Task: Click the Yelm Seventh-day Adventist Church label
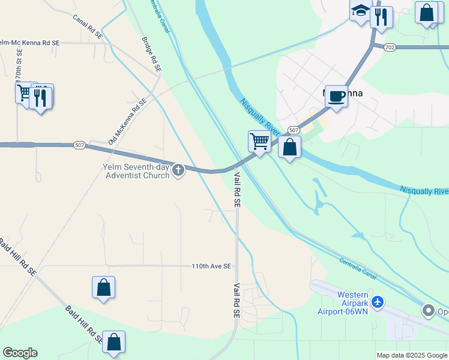[x=137, y=171]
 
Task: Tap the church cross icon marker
[x=178, y=171]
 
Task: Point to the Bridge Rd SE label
[x=151, y=55]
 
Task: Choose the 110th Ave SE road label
[x=211, y=266]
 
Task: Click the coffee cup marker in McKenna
[x=336, y=96]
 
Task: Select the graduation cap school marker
[x=361, y=11]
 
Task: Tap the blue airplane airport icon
[x=378, y=302]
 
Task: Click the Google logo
[x=20, y=353]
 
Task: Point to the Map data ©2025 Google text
[x=411, y=355]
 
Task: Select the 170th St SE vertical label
[x=18, y=70]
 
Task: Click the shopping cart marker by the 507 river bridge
[x=259, y=142]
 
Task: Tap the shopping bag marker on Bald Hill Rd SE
[x=113, y=342]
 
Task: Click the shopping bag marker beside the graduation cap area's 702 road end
[x=427, y=13]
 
